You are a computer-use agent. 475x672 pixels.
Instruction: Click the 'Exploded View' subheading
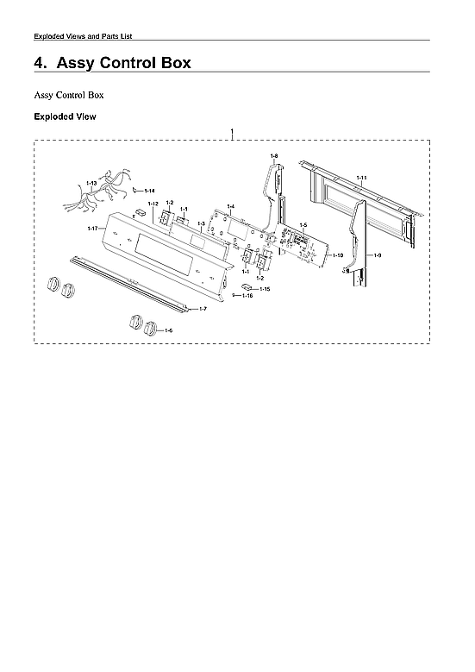pos(65,116)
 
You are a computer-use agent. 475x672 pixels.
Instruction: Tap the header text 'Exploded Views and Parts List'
pos(82,35)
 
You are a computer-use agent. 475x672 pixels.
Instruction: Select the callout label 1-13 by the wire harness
pos(91,183)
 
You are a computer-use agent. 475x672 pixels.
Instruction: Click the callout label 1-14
pos(149,190)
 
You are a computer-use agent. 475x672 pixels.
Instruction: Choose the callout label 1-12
pos(153,204)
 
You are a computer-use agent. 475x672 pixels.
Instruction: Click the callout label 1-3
pos(200,223)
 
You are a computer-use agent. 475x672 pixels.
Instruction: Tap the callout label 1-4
pos(230,206)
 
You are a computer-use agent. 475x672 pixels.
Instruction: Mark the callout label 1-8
pos(273,155)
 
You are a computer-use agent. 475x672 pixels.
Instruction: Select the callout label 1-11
pos(362,177)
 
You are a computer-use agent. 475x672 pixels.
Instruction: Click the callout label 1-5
pos(303,224)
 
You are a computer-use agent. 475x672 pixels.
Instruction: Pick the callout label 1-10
pos(339,255)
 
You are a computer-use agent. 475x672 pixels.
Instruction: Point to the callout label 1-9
pos(377,256)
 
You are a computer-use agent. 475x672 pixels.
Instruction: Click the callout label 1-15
pos(265,289)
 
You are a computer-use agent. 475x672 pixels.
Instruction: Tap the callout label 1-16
pos(247,296)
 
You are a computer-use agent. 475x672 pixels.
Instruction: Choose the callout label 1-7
pos(203,308)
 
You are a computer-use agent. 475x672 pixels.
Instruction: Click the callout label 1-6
pos(168,330)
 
